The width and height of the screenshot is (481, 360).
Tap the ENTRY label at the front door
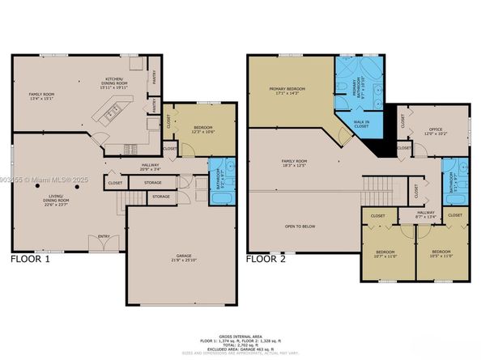(x=103, y=236)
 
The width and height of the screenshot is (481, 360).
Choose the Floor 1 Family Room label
(x=40, y=97)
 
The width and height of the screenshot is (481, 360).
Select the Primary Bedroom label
(x=287, y=91)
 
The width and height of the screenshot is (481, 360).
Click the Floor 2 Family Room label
(x=294, y=163)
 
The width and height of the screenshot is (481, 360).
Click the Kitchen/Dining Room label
(x=109, y=78)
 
